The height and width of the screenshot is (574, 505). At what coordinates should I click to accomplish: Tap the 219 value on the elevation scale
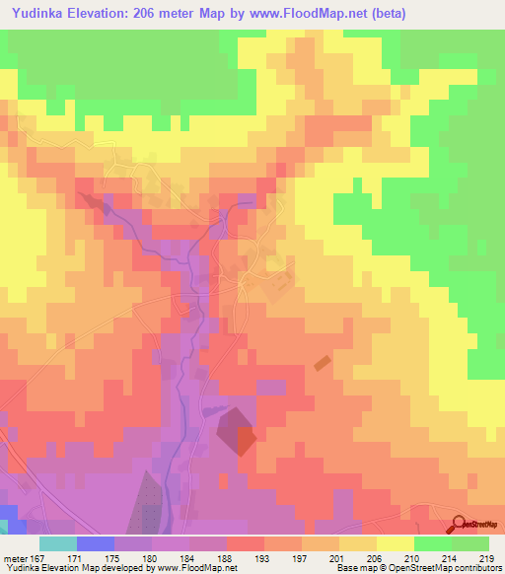(x=486, y=558)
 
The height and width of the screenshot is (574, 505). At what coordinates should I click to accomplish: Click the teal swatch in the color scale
(x=57, y=543)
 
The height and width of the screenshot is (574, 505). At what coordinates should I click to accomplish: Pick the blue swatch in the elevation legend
(x=95, y=543)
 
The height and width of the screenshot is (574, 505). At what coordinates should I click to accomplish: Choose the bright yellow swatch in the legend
(x=396, y=543)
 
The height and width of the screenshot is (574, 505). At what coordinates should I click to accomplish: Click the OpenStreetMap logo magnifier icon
(x=460, y=524)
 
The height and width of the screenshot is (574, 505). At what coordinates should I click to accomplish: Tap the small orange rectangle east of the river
(x=324, y=363)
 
